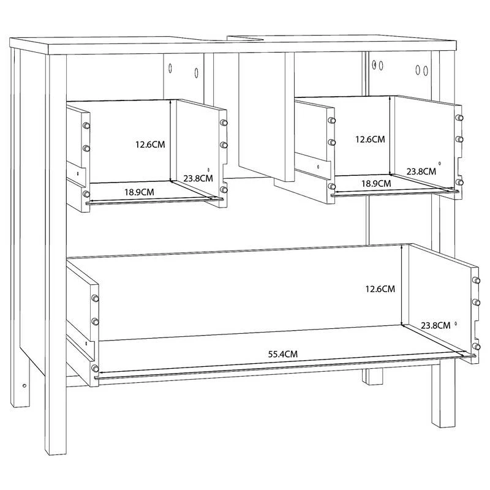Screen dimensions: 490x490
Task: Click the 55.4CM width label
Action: tap(283, 354)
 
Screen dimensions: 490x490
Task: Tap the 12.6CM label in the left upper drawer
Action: tap(150, 145)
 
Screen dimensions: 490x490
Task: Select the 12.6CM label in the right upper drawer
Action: tap(370, 139)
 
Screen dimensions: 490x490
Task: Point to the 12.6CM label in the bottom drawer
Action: tap(380, 288)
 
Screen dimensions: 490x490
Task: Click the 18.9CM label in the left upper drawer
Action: tap(139, 192)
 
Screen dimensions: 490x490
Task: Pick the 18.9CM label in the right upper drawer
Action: tap(376, 183)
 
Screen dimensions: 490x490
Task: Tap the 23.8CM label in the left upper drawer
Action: tap(198, 178)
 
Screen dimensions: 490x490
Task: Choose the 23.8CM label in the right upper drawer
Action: tap(421, 171)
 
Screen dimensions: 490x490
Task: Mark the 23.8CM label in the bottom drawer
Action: tap(435, 325)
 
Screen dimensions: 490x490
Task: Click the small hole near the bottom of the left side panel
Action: tap(24, 385)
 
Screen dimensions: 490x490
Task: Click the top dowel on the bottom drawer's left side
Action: tap(96, 298)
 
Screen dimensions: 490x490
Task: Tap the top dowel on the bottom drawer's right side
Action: tap(477, 280)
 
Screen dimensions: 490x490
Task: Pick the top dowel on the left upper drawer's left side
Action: tap(86, 126)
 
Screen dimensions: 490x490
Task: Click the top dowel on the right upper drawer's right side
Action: tap(459, 118)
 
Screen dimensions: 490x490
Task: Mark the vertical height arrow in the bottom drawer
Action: tap(401, 285)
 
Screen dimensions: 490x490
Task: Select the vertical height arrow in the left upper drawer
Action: tap(171, 141)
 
